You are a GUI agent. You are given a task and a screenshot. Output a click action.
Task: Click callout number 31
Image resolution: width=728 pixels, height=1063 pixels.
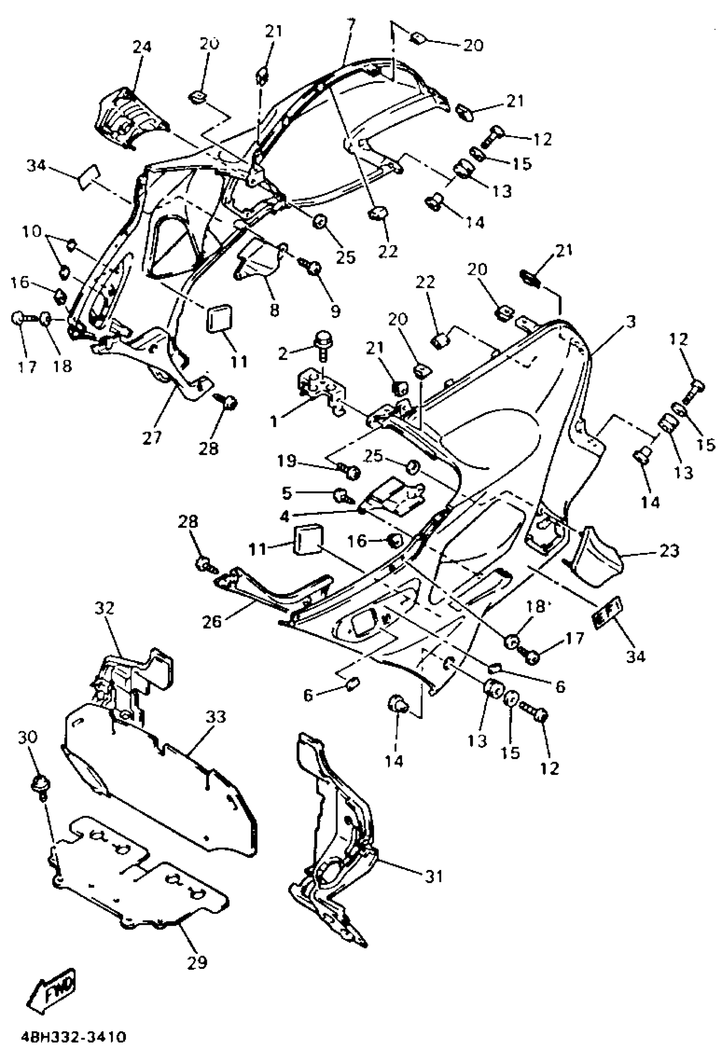click(x=434, y=876)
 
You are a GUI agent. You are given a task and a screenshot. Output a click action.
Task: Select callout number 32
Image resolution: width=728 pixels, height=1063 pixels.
click(x=105, y=609)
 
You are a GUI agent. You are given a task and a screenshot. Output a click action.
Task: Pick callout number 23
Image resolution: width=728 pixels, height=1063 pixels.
click(x=669, y=551)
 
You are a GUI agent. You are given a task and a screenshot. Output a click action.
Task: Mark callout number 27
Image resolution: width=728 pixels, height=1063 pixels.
click(x=152, y=438)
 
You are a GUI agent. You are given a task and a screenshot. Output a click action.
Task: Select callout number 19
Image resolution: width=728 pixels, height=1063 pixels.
click(x=287, y=461)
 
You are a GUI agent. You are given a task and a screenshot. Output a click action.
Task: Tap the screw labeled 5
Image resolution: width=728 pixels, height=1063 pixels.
click(x=341, y=494)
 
